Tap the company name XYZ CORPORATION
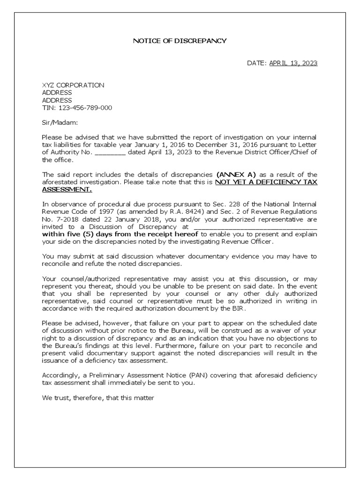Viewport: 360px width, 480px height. (73, 85)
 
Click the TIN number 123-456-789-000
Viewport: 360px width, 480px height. (85, 107)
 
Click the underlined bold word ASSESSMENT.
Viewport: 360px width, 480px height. (67, 189)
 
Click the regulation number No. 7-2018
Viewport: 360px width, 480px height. (60, 219)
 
